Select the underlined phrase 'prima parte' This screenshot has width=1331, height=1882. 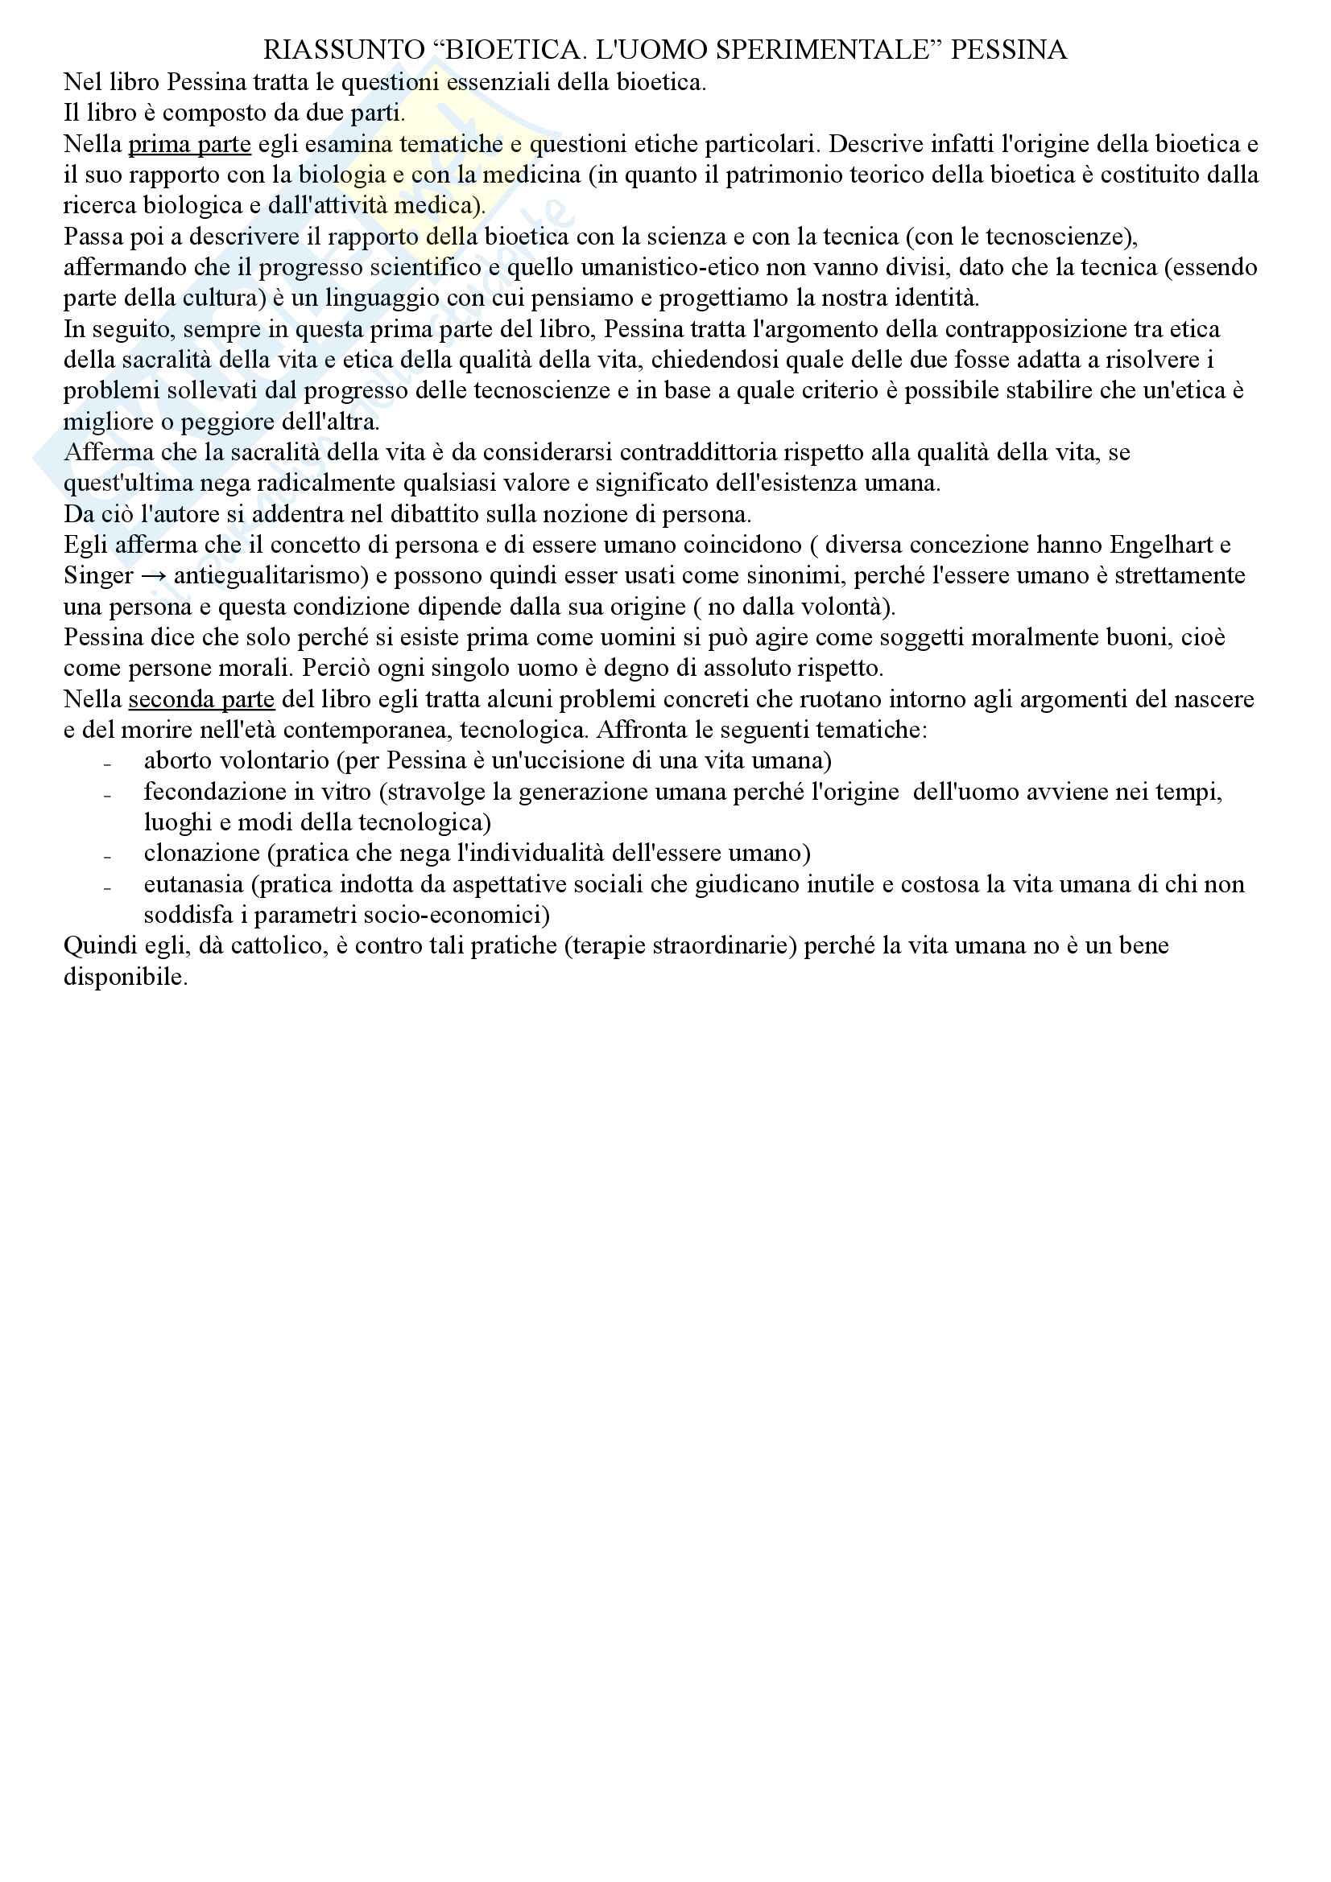point(189,144)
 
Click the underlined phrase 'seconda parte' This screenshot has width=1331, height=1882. point(201,699)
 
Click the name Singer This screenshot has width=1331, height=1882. point(98,575)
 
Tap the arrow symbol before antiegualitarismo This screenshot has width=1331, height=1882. point(154,576)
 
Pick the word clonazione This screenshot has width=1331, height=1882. point(202,853)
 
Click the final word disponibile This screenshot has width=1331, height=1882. point(125,977)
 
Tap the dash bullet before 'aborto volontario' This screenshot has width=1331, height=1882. point(107,763)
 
